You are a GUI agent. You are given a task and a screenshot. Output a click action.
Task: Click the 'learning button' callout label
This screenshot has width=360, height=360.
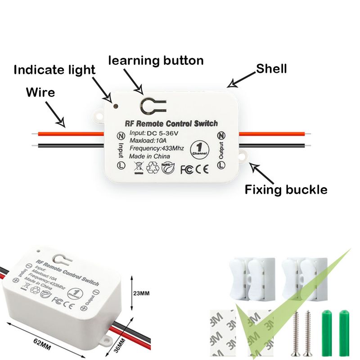coord(156,60)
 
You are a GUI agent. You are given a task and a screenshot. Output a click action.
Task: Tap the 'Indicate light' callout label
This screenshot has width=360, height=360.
coord(54,70)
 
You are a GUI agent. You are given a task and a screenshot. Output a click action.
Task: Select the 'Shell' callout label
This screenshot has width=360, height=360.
coord(271,69)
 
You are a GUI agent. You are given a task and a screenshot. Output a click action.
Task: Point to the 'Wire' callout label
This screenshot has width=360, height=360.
coord(40,93)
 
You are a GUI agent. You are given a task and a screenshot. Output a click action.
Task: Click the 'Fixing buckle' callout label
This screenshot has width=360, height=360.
coord(285,190)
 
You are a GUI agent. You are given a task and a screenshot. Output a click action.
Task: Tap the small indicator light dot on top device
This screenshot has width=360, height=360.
coord(116,107)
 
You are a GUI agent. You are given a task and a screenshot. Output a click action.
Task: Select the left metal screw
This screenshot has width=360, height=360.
coord(296,333)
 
